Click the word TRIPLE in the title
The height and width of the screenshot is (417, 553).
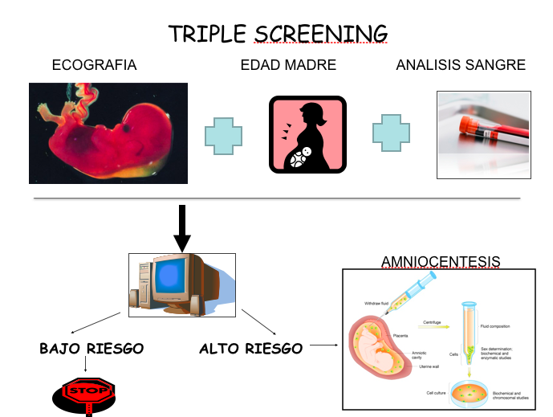pyautogui.click(x=208, y=34)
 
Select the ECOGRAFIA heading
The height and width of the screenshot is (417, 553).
pyautogui.click(x=94, y=65)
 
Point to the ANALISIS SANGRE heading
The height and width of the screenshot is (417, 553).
pyautogui.click(x=461, y=65)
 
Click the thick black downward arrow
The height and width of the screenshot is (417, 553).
pyautogui.click(x=183, y=229)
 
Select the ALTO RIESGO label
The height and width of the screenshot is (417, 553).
pyautogui.click(x=250, y=349)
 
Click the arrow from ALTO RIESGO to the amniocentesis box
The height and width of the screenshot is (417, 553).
pyautogui.click(x=323, y=346)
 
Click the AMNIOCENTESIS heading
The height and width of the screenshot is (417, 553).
pyautogui.click(x=441, y=262)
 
